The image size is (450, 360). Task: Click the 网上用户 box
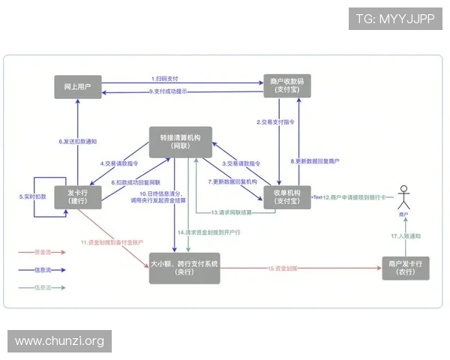tap(79, 86)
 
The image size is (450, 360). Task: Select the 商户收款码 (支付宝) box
tap(285, 85)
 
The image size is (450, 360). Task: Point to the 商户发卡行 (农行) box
tap(406, 268)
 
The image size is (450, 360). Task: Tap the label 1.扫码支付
tap(164, 79)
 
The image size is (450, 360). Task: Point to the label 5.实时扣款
tap(32, 196)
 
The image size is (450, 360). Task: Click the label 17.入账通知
tap(406, 235)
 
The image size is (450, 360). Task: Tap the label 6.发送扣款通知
tap(78, 141)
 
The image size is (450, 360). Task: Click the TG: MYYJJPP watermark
tap(394, 18)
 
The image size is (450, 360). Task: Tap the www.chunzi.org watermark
tap(60, 341)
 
